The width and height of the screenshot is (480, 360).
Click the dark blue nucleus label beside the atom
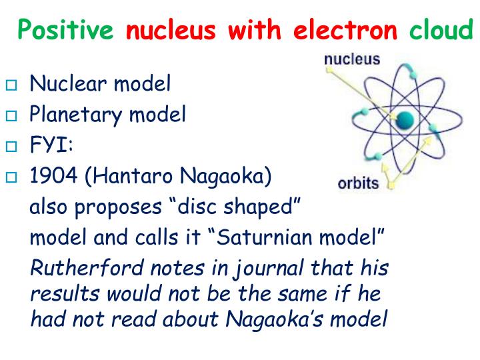pyautogui.click(x=352, y=59)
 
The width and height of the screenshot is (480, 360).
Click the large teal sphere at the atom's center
pyautogui.click(x=405, y=120)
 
